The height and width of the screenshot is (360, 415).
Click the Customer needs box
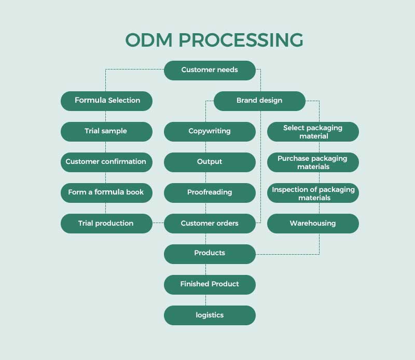click(x=210, y=70)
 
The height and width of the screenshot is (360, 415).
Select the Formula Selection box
click(x=106, y=101)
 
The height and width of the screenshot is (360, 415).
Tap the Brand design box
click(x=259, y=101)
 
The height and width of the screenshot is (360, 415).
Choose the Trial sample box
click(x=106, y=131)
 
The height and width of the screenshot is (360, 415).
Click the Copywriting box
click(x=210, y=131)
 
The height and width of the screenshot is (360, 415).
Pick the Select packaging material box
click(x=313, y=132)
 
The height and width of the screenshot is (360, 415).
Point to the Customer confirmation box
click(x=106, y=162)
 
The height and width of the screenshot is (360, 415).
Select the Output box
click(x=210, y=162)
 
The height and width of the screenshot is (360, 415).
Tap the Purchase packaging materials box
click(x=313, y=162)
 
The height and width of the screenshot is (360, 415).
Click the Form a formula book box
click(x=106, y=192)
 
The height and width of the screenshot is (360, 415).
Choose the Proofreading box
click(x=210, y=192)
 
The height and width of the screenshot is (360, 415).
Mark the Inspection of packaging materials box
click(x=313, y=193)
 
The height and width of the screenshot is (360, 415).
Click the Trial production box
click(x=106, y=224)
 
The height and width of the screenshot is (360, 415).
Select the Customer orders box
click(x=210, y=224)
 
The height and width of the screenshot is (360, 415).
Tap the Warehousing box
click(x=313, y=224)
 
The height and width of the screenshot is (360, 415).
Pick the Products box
click(x=210, y=254)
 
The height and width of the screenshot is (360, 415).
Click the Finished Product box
click(x=210, y=284)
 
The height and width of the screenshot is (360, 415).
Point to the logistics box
click(x=210, y=315)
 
